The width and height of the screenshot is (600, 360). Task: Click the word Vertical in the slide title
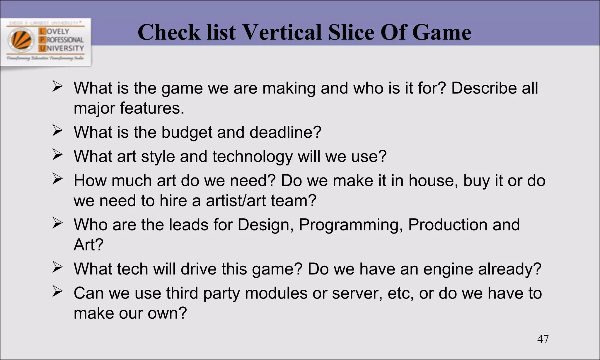click(x=283, y=32)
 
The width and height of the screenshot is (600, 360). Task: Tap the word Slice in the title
click(x=351, y=32)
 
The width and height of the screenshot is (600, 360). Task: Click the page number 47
click(x=543, y=339)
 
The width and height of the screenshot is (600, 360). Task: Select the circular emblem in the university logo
click(x=21, y=40)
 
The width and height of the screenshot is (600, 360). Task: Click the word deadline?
click(x=285, y=132)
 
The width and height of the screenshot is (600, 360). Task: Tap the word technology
click(x=252, y=157)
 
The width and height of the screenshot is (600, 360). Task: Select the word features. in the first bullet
click(x=152, y=108)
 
